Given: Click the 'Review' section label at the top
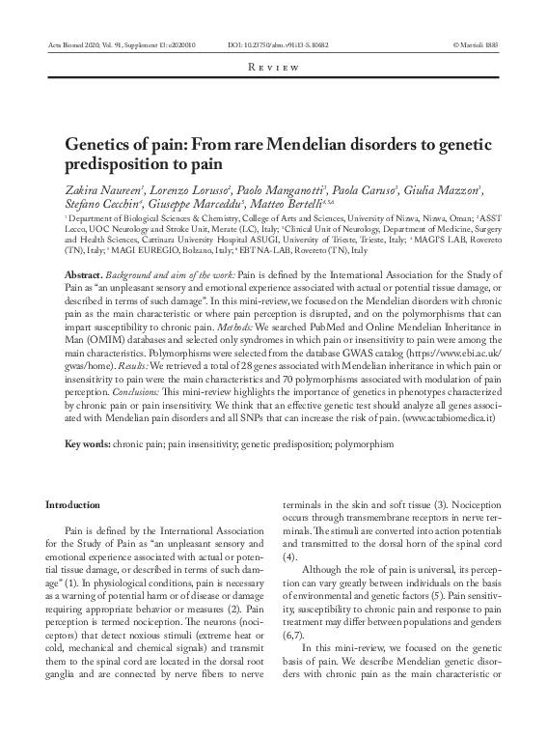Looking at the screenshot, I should point(273,67).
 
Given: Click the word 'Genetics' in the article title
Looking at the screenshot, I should point(99,145).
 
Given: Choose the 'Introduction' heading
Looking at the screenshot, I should point(72,504).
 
